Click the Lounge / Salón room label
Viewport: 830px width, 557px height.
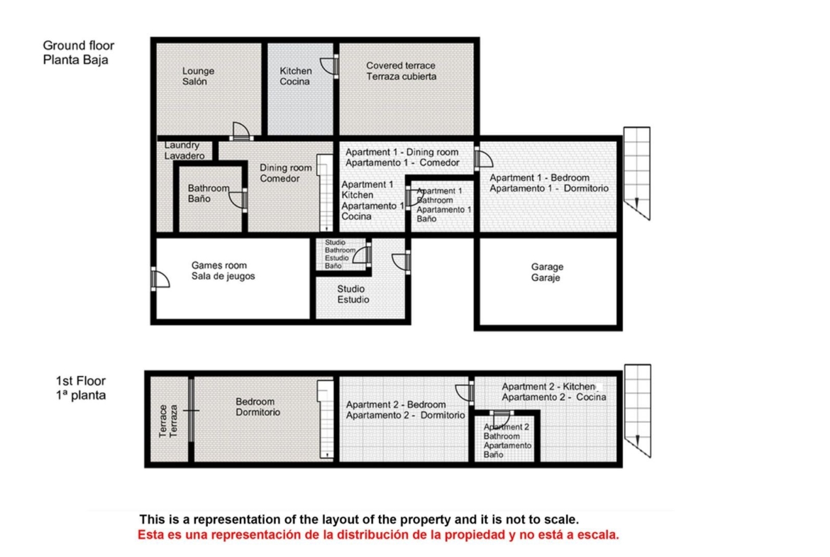[x=198, y=76]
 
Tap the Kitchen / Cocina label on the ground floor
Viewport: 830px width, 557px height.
[x=295, y=76]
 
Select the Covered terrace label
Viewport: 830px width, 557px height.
[x=402, y=71]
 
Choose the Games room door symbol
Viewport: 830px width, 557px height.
[x=160, y=278]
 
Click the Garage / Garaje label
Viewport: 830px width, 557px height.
[x=547, y=272]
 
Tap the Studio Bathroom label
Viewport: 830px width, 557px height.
[x=340, y=254]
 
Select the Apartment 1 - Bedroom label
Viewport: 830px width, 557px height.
[x=549, y=183]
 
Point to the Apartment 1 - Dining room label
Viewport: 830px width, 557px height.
[x=402, y=158]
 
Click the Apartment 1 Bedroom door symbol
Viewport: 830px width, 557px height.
[x=483, y=158]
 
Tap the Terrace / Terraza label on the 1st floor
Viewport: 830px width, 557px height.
[x=168, y=421]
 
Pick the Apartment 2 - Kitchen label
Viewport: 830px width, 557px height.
[x=553, y=392]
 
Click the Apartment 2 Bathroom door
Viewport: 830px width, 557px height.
[x=502, y=418]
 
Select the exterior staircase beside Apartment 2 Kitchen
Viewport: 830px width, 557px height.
[x=637, y=410]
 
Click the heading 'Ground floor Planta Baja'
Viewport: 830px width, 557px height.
[x=78, y=53]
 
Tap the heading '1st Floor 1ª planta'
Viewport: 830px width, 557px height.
[x=81, y=388]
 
